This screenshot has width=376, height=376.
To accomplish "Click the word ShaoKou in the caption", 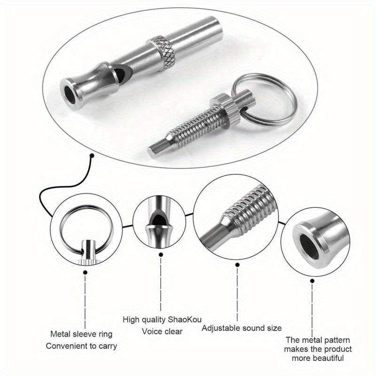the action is [x=184, y=320].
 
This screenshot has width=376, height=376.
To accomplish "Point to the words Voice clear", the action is [x=162, y=331].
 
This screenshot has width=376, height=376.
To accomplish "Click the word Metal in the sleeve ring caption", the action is [x=60, y=334].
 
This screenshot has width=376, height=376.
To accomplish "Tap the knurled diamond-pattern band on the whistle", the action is [x=161, y=53].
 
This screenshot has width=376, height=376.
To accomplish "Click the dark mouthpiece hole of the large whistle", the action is [x=70, y=95].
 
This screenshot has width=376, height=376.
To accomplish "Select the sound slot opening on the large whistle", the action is [x=122, y=73].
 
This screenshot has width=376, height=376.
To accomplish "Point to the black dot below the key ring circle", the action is [x=85, y=273].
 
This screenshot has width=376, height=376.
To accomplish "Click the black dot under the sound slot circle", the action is [x=161, y=254].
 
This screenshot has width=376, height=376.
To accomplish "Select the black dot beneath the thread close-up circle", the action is [x=237, y=265].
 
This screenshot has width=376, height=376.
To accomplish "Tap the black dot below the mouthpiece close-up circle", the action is [x=312, y=281].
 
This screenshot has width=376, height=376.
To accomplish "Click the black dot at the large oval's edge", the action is [x=92, y=156].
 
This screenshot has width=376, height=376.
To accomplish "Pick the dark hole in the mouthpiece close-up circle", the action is [x=310, y=247].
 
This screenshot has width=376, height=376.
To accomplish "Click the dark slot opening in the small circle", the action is [x=159, y=219].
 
